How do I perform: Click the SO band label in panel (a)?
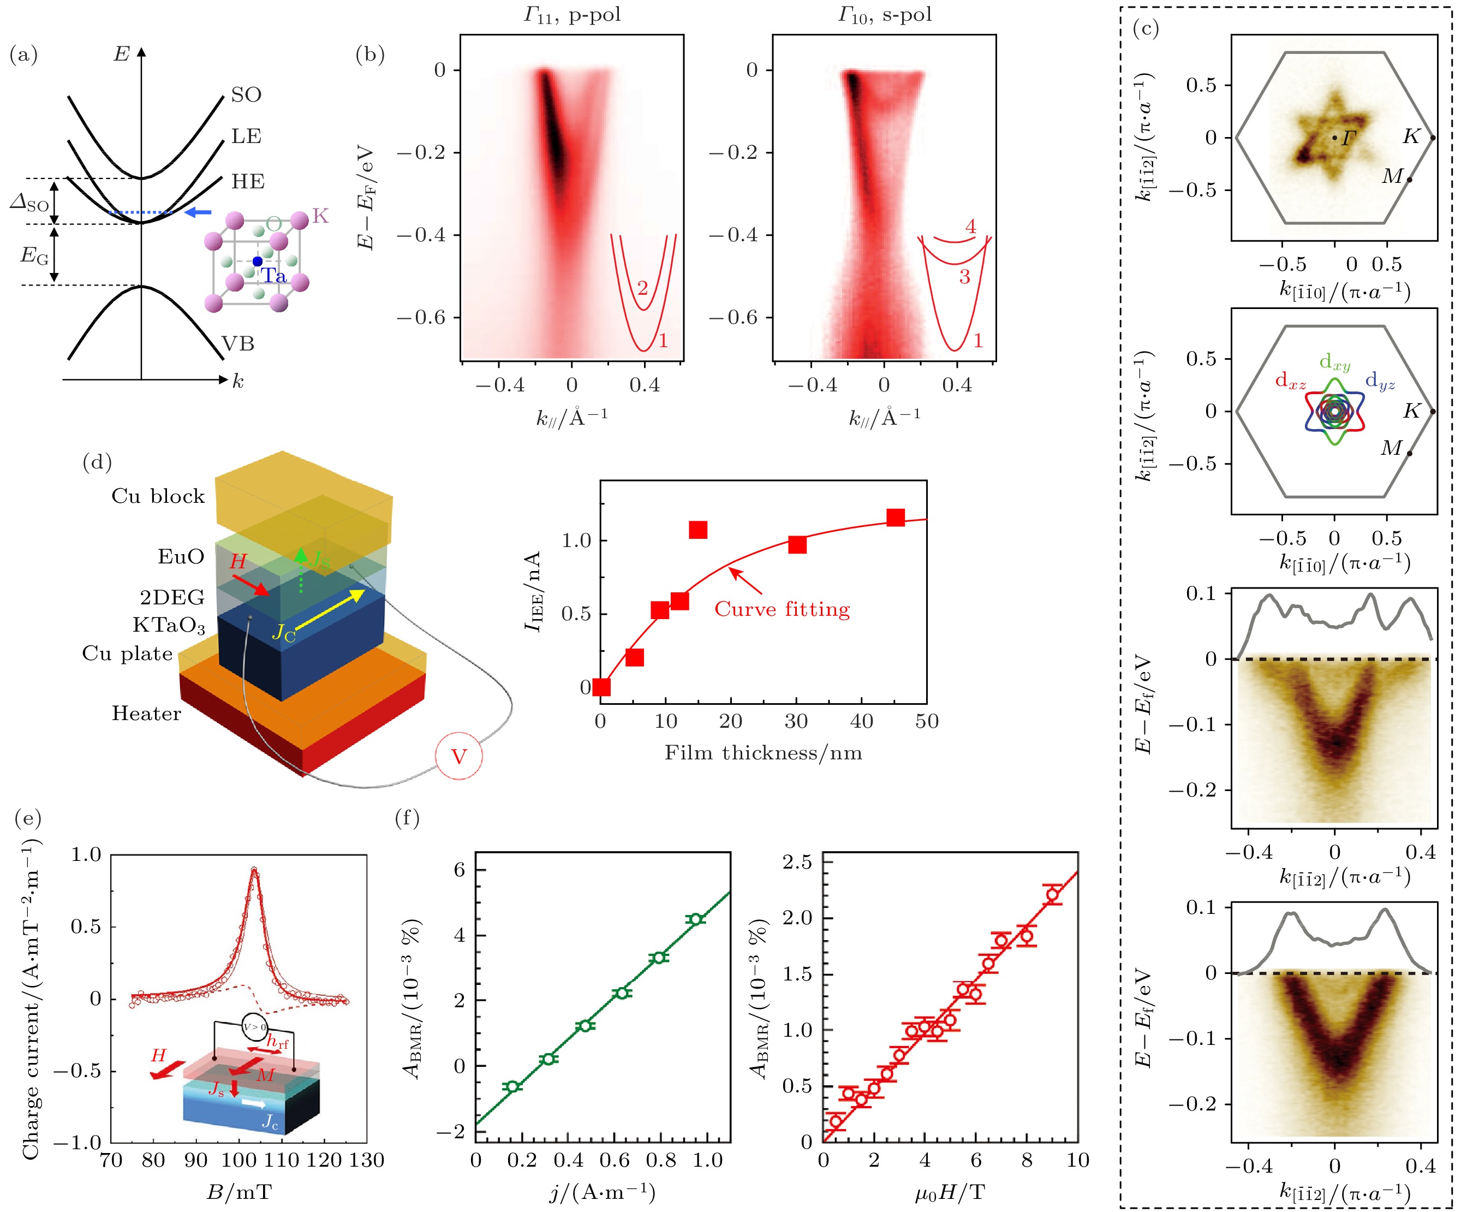point(246,94)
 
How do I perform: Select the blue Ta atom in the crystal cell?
point(258,261)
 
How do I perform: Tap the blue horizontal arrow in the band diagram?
point(198,211)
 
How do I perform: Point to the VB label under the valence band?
point(238,344)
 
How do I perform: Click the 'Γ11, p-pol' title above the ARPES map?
point(572,15)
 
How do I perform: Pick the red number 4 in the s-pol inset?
point(970,227)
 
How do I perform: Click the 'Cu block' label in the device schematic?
point(158,496)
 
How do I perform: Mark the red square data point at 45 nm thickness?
point(896,518)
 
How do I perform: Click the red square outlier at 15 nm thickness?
point(698,530)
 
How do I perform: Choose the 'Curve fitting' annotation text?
point(782,609)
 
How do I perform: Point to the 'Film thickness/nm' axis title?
point(763,753)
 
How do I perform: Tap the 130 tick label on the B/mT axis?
point(367,1160)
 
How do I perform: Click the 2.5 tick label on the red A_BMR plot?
point(797,862)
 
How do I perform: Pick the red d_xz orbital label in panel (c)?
point(1291,381)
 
